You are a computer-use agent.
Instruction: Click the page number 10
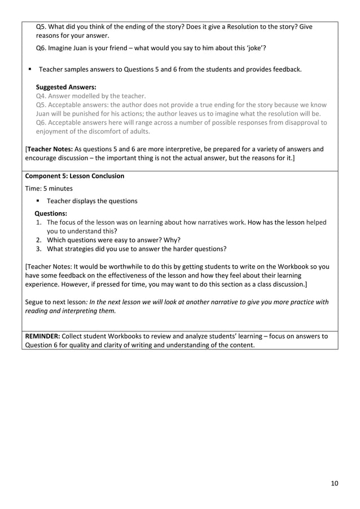click(x=334, y=483)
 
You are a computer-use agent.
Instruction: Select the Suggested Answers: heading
click(x=66, y=87)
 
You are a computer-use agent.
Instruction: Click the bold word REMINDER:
click(x=45, y=336)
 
